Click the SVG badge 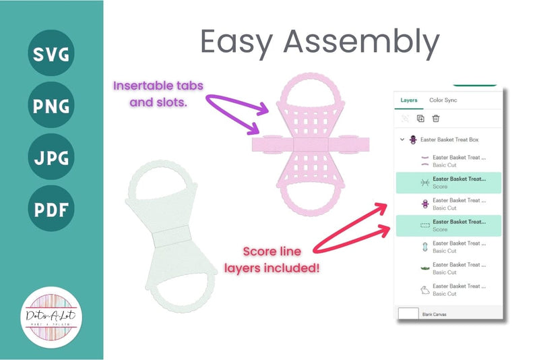[x=51, y=52]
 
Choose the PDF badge [x=51, y=210]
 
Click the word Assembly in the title [x=361, y=42]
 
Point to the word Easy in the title [x=238, y=42]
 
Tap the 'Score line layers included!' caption [x=272, y=259]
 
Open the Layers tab [x=409, y=100]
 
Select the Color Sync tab [x=443, y=100]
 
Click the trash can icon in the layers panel [x=436, y=119]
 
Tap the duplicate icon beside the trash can [x=420, y=119]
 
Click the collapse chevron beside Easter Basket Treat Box [x=402, y=140]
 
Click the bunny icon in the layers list [x=424, y=290]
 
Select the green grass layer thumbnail [x=424, y=268]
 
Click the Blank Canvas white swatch [x=408, y=314]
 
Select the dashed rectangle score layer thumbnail [x=424, y=225]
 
